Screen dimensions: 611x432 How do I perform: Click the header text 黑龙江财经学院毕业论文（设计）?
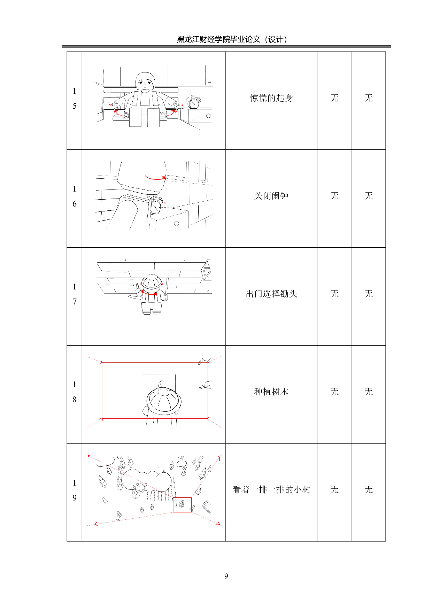click(232, 39)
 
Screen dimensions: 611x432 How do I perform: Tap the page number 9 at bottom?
click(226, 576)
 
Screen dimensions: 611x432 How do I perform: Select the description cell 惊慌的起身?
click(271, 98)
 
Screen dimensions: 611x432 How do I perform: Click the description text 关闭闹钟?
click(271, 196)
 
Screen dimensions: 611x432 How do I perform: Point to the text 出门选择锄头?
click(271, 294)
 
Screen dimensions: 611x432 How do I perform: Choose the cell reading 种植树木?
click(271, 392)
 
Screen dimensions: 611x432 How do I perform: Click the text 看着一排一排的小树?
click(271, 490)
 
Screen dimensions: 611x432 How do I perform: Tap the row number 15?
click(74, 99)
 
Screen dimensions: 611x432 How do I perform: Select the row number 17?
click(74, 294)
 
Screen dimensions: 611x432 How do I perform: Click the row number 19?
click(74, 490)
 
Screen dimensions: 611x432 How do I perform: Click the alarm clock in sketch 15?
click(193, 103)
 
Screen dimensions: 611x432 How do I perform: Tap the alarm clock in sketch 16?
click(156, 206)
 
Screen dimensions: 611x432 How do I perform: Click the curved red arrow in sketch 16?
click(155, 178)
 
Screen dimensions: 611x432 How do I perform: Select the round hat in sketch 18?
click(163, 400)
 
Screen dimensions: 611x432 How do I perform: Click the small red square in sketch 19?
click(182, 505)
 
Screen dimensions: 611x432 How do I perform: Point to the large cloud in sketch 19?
click(146, 479)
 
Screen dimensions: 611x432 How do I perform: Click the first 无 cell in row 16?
click(334, 196)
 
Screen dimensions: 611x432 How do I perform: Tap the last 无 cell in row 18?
click(368, 392)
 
